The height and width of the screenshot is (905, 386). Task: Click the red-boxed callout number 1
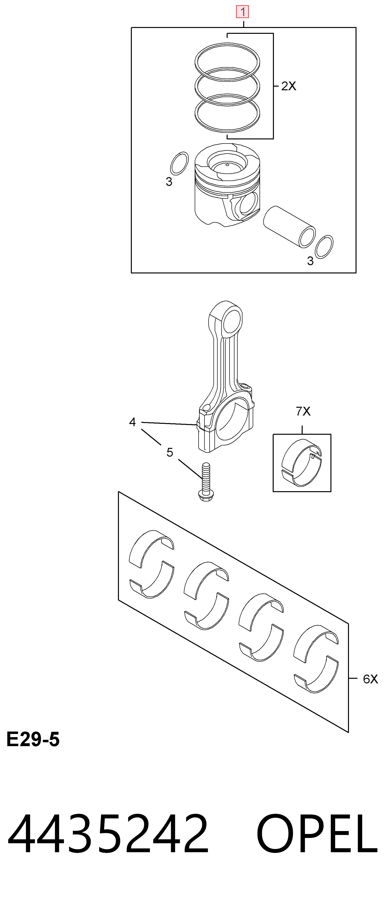click(242, 12)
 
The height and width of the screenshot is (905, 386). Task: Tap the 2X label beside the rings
click(289, 86)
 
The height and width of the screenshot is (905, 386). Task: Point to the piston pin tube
click(289, 226)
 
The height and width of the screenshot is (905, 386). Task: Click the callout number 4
click(132, 422)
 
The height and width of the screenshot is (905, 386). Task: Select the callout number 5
click(170, 452)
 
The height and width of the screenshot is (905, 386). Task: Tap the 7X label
click(303, 411)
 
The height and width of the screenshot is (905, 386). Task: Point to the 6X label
click(370, 679)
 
